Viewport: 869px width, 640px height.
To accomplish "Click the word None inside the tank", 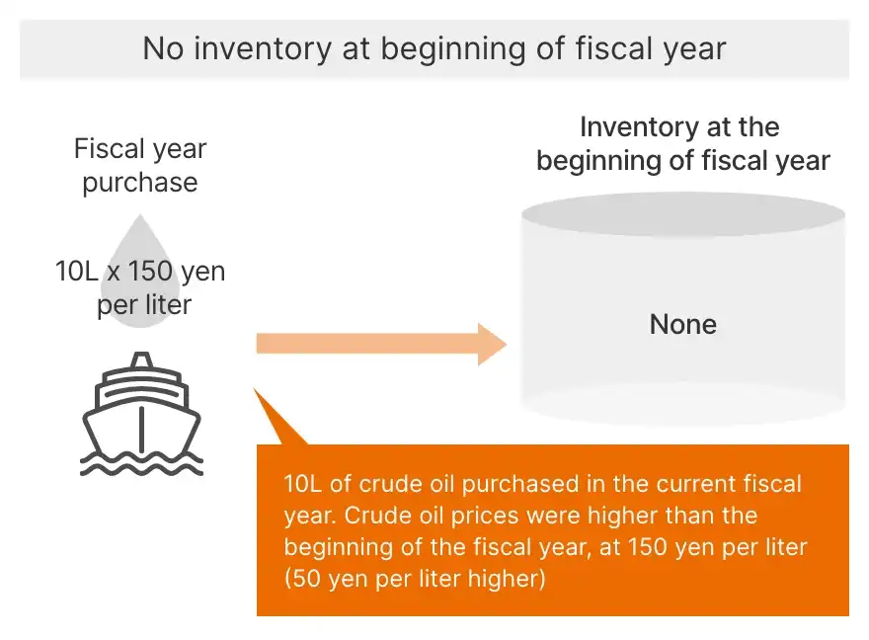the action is pos(682,324).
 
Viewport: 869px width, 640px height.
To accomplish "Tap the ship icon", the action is pos(142,414).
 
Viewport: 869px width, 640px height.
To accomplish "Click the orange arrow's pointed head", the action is pos(506,344).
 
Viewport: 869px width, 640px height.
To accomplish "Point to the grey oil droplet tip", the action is pos(140,216).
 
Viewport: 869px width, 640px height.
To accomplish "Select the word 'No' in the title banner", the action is pos(163,48).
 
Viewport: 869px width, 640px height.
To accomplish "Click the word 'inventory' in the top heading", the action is pos(262,48).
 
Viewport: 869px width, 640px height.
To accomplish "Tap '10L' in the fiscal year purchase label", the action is pos(76,272).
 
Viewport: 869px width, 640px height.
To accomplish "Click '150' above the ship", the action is pos(150,272).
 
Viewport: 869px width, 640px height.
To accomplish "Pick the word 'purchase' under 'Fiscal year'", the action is pos(140,183).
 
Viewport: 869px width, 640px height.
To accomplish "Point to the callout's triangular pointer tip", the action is pos(255,389).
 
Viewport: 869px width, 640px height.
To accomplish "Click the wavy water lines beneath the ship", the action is pos(142,464).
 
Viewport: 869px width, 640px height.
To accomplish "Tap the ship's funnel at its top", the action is pos(142,360).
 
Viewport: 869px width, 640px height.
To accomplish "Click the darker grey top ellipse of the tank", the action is pos(682,214).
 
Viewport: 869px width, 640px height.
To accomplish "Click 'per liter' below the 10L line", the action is pos(144,305).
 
